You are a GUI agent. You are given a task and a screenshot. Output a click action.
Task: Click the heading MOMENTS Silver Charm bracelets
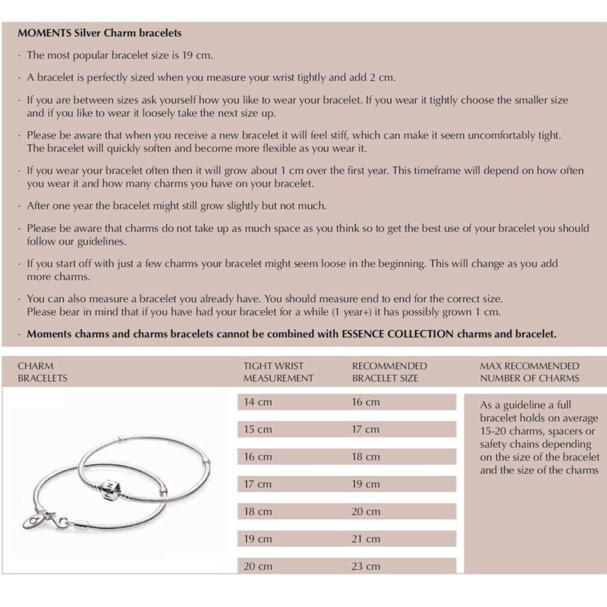coord(100,33)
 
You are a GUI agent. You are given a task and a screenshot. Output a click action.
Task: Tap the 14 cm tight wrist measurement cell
coord(257,402)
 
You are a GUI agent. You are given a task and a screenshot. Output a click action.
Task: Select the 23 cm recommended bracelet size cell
coord(365,566)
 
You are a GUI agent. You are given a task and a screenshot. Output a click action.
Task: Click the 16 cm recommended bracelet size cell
coord(365,402)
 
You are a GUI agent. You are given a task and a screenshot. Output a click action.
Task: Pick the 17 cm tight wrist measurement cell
coord(257,484)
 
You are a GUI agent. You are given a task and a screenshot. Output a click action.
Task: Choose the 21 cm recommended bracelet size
coord(365,539)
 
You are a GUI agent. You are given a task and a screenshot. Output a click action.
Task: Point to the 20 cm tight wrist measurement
coord(257,566)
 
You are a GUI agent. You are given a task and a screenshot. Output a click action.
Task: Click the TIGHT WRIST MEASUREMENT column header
coord(278,372)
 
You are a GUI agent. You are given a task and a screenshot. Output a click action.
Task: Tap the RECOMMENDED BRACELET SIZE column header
coord(389,372)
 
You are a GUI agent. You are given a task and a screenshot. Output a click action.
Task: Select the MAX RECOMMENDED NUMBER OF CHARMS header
coord(530,372)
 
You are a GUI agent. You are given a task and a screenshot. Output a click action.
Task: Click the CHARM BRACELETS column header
coord(42,372)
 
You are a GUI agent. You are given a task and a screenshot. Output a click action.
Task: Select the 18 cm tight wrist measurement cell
coord(257,511)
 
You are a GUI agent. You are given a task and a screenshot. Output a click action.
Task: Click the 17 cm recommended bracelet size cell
coord(365,429)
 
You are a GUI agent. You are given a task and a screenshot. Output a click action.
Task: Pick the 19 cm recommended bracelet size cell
coord(365,484)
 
